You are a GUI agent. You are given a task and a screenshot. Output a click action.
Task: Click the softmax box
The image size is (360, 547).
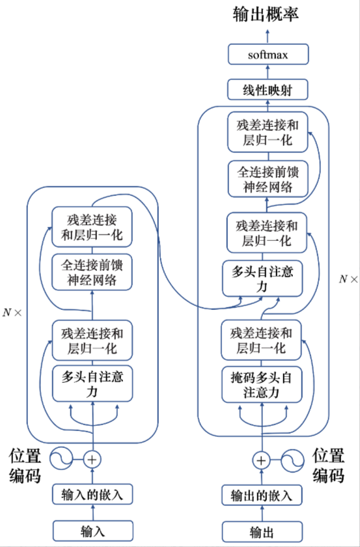tap(267, 55)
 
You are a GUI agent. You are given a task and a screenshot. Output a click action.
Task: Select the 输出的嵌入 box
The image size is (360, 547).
tap(261, 495)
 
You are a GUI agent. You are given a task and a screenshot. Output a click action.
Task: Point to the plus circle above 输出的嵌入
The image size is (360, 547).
tap(261, 460)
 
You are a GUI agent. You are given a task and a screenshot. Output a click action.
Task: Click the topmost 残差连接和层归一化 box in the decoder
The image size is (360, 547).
tap(267, 132)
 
